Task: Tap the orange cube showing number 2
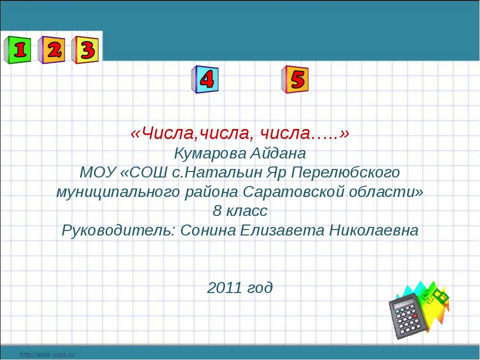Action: tap(51, 50)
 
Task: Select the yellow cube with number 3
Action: tap(85, 50)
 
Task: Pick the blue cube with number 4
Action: tap(205, 79)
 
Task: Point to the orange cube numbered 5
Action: tap(294, 79)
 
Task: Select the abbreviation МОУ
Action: tap(98, 172)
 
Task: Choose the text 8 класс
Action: tap(240, 211)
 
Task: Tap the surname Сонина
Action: tap(203, 230)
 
